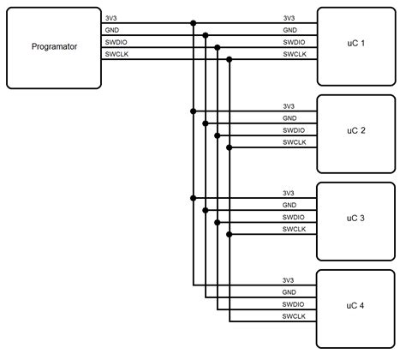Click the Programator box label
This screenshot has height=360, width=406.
pyautogui.click(x=54, y=46)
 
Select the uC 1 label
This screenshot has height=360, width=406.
pyautogui.click(x=355, y=43)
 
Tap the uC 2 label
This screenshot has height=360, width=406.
pyautogui.click(x=356, y=130)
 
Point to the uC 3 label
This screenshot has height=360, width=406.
pyautogui.click(x=355, y=218)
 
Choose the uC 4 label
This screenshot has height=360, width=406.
pyautogui.click(x=355, y=305)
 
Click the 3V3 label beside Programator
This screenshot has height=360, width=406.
pyautogui.click(x=110, y=18)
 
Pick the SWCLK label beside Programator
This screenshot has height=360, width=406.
pyautogui.click(x=116, y=54)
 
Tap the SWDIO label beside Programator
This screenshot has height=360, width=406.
pyautogui.click(x=116, y=42)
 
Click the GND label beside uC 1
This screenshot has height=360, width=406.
pyautogui.click(x=290, y=30)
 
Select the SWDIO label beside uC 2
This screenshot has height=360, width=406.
pyautogui.click(x=294, y=130)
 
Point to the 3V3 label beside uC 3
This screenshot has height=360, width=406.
pyautogui.click(x=289, y=193)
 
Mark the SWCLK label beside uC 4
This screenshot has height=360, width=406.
pyautogui.click(x=294, y=316)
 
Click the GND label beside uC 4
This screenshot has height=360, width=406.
pyautogui.click(x=289, y=292)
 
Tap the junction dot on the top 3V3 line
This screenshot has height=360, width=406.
pyautogui.click(x=194, y=23)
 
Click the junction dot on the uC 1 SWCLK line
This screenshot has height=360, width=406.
pyautogui.click(x=230, y=59)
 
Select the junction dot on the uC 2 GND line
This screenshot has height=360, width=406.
pyautogui.click(x=206, y=123)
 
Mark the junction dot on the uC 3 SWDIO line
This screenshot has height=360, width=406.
pyautogui.click(x=218, y=222)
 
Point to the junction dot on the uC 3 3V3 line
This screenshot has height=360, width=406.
pyautogui.click(x=194, y=198)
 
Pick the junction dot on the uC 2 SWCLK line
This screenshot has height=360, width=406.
pyautogui.click(x=230, y=147)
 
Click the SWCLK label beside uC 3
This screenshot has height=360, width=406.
pyautogui.click(x=294, y=229)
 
